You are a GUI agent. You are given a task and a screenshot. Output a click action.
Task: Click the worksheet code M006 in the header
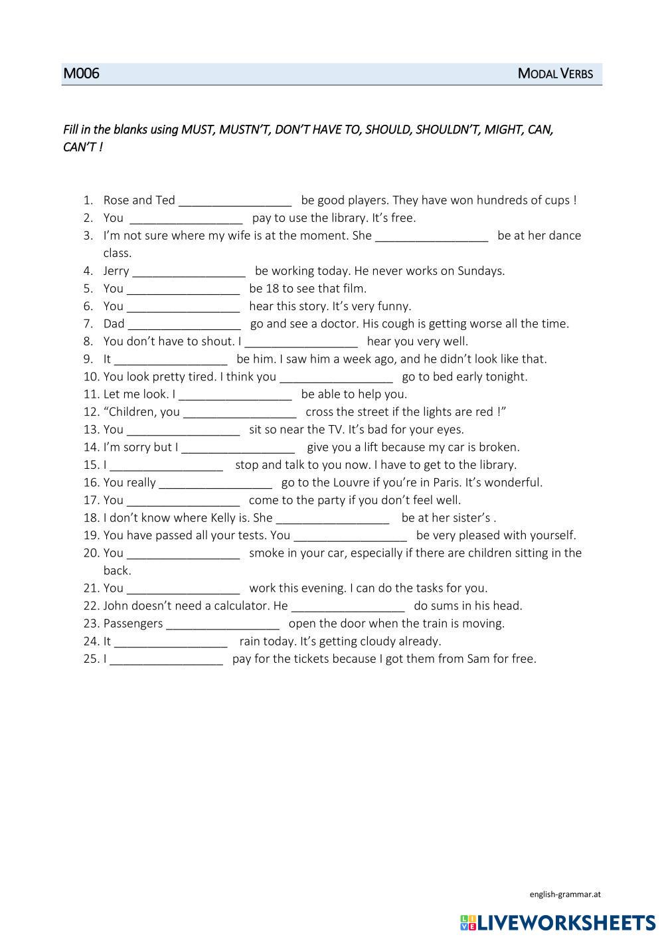pyautogui.click(x=81, y=74)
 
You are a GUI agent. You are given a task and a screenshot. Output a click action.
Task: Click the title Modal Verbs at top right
pyautogui.click(x=555, y=74)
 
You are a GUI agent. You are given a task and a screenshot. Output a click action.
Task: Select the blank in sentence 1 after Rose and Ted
pyautogui.click(x=235, y=201)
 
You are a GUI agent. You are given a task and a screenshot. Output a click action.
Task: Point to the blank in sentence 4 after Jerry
pyautogui.click(x=189, y=272)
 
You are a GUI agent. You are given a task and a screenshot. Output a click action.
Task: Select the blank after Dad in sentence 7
pyautogui.click(x=184, y=325)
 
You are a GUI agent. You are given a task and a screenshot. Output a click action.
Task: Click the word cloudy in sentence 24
pyautogui.click(x=374, y=641)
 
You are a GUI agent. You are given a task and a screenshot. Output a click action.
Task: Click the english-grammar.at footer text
pyautogui.click(x=565, y=894)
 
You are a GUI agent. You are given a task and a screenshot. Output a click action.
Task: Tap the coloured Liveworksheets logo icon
pyautogui.click(x=467, y=922)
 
